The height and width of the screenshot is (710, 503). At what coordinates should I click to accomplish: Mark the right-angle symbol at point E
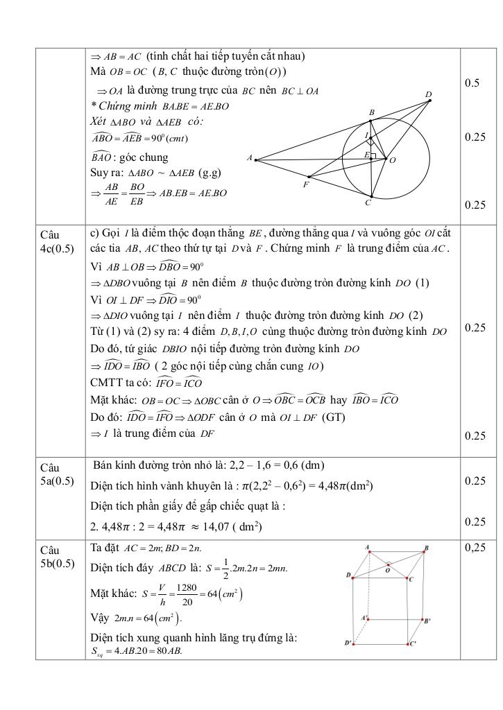click(x=373, y=156)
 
